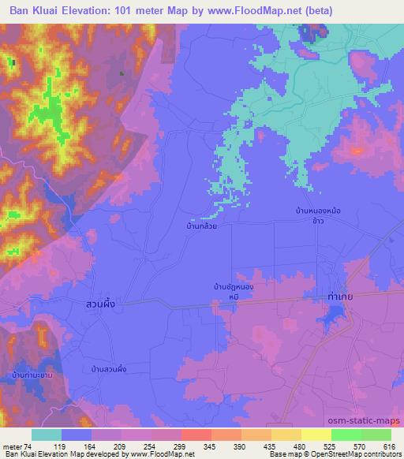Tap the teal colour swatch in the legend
(x=47, y=435)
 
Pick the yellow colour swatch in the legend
(x=316, y=435)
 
